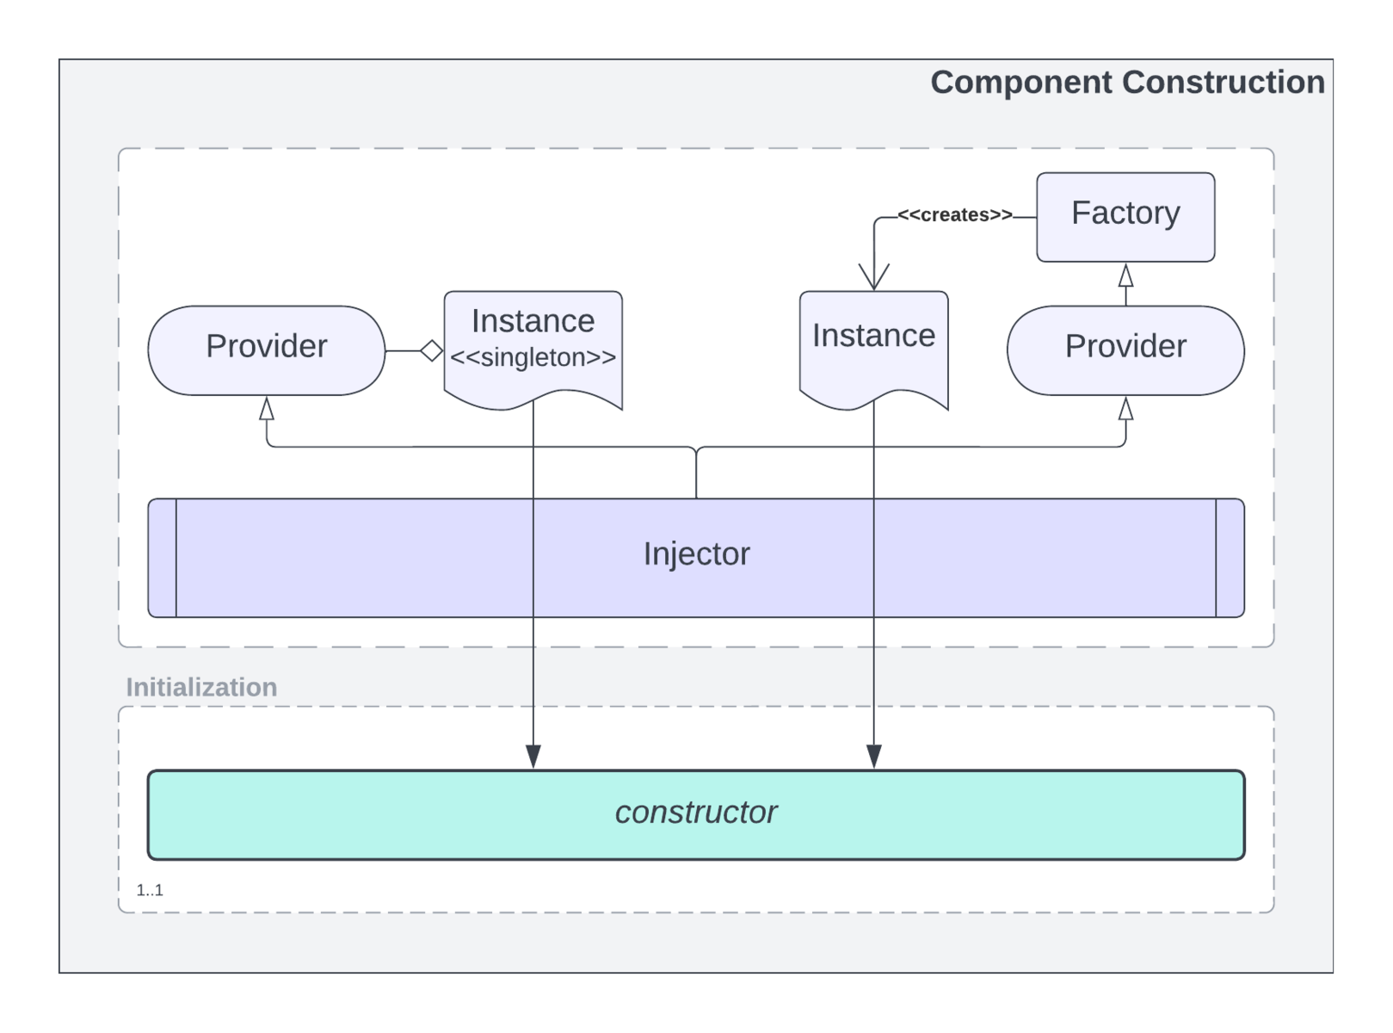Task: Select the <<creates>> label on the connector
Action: [954, 215]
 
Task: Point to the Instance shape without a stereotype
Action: [873, 340]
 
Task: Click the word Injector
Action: [696, 554]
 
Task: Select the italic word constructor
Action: [696, 813]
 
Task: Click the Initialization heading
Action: [201, 687]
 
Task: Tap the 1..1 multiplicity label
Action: [150, 890]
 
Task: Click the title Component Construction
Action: [1127, 83]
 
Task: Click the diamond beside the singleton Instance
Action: [432, 351]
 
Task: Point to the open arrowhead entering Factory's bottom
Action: [1125, 275]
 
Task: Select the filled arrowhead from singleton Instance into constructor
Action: [533, 757]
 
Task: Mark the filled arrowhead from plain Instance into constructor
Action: [873, 757]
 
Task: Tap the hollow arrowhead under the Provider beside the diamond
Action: [267, 409]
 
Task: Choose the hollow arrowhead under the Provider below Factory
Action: [1125, 409]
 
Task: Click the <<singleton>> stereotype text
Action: [533, 358]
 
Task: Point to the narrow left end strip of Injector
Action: [162, 558]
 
